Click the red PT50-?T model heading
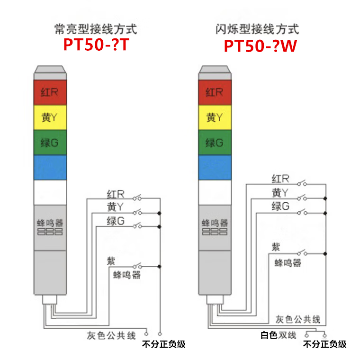[96, 45]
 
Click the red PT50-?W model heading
[260, 46]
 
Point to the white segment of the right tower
[214, 191]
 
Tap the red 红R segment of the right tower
[214, 92]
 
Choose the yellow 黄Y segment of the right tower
[214, 117]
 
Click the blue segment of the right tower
[214, 167]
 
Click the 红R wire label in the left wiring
[116, 194]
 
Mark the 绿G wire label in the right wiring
[280, 207]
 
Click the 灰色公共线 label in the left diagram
[111, 335]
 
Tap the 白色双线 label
[279, 335]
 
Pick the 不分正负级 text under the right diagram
[325, 344]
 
